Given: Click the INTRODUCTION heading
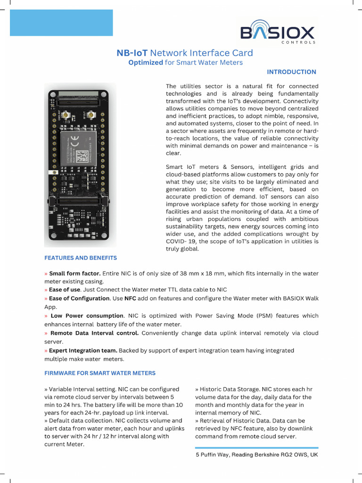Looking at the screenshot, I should [x=291, y=72].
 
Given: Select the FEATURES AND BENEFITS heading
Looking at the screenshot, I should [x=81, y=258].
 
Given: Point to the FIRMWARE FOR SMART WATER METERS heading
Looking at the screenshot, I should [x=100, y=373].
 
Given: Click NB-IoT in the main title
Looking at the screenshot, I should [x=132, y=53].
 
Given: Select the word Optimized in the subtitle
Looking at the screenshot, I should [x=146, y=63].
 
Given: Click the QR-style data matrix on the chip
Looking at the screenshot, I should [x=82, y=155].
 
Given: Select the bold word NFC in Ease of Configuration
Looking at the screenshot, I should [x=130, y=299].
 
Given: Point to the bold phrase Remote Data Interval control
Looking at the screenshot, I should [x=94, y=333].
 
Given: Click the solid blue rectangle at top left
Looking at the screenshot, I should [x=61, y=23].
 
